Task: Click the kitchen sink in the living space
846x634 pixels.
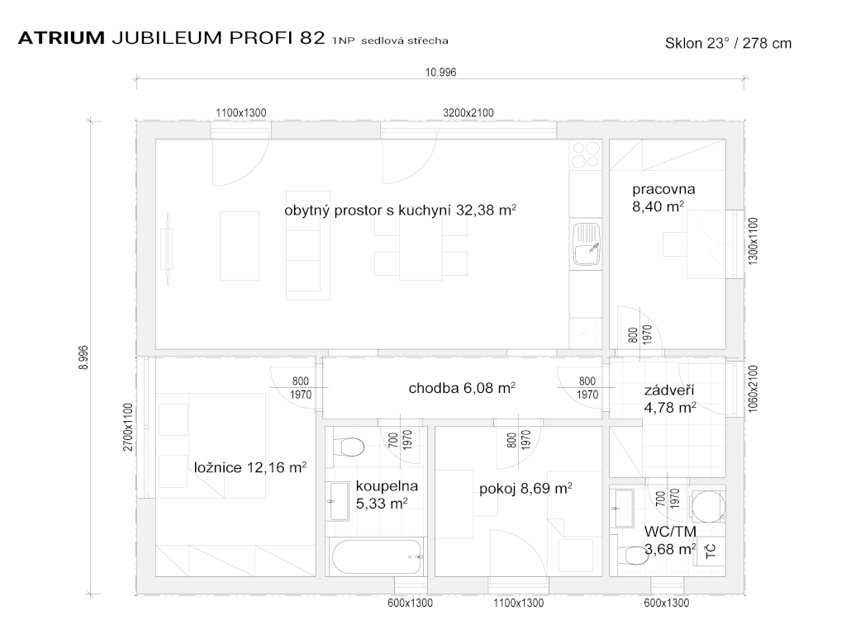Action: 586,244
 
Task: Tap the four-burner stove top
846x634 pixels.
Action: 586,154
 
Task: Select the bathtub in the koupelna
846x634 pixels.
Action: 378,558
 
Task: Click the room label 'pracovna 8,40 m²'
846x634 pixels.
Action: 663,198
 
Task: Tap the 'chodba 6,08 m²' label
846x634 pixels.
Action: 462,388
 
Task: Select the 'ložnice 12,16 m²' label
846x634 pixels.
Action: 250,467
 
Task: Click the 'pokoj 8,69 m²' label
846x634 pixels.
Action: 525,489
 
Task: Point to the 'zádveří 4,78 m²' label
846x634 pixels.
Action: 669,399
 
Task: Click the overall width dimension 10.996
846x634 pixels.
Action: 441,73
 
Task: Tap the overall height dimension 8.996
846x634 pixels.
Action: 83,357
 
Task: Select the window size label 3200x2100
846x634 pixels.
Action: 468,112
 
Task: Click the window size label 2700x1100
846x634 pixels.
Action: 128,427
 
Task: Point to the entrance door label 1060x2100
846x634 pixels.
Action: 753,390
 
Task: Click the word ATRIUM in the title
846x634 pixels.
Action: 61,38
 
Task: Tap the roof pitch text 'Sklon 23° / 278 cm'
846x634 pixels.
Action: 728,43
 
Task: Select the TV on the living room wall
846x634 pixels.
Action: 167,248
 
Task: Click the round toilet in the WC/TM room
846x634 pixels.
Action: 708,506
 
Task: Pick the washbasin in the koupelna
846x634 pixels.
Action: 340,501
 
